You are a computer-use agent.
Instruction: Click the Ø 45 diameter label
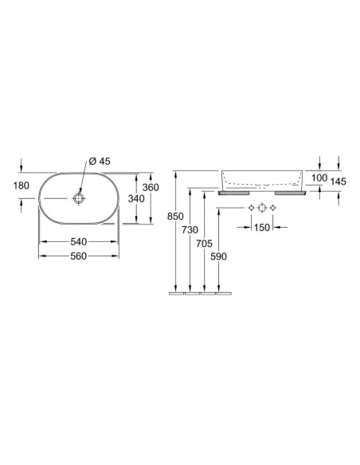pos(100,162)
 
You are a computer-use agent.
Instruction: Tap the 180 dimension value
pos(22,186)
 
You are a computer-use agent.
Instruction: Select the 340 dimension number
pos(136,198)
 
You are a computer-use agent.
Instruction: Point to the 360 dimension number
pos(151,187)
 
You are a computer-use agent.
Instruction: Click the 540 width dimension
pos(79,242)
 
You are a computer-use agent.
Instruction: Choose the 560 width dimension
pos(79,256)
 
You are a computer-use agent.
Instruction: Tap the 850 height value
pos(175,217)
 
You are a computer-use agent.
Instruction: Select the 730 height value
pos(190,230)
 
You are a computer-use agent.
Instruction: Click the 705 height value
pos(205,244)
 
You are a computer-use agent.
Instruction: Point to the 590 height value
pos(218,256)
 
